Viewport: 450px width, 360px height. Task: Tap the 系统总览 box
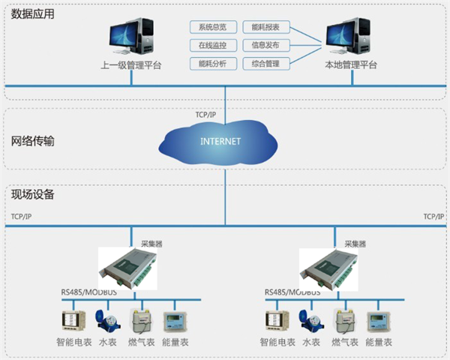click(212, 28)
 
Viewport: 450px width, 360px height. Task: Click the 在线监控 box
click(212, 46)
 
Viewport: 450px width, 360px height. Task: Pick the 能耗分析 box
click(212, 64)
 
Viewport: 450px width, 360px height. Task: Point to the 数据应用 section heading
click(32, 13)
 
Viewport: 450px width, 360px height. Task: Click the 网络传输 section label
click(32, 141)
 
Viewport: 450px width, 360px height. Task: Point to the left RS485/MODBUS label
click(89, 292)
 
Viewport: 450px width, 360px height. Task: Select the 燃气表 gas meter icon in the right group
click(345, 321)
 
